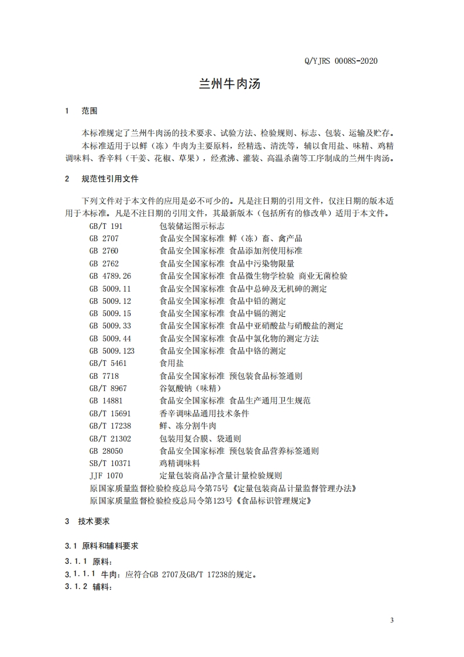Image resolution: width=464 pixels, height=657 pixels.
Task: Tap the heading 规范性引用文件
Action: coord(110,179)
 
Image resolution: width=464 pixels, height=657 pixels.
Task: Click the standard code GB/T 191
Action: coord(106,226)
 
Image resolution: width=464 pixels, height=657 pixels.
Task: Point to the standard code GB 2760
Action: coord(104,251)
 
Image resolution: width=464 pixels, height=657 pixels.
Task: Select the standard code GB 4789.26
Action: coord(110,276)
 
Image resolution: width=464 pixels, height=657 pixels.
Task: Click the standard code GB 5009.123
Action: coord(112,351)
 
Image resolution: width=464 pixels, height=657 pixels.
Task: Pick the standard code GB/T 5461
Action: coord(108,363)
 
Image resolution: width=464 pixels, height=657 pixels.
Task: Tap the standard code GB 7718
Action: coord(104,376)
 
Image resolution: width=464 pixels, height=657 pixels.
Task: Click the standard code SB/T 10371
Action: coord(110,463)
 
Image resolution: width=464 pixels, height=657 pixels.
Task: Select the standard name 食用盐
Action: coord(171,363)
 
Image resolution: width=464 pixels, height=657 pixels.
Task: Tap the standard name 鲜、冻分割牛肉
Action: coord(188,426)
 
